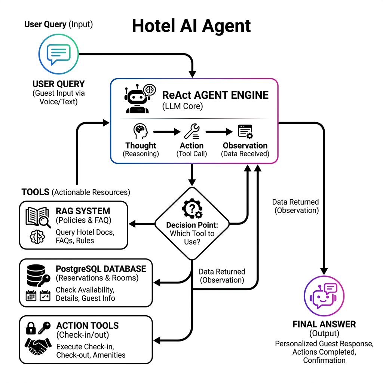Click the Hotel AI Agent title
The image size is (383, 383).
(x=191, y=26)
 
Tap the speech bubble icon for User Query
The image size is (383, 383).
(x=58, y=55)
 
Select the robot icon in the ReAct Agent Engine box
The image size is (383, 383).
(x=137, y=99)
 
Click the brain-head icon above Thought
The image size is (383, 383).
(x=141, y=132)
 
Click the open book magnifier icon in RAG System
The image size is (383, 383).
(x=38, y=217)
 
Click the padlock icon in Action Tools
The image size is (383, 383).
(x=31, y=328)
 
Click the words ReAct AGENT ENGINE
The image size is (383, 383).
(x=215, y=95)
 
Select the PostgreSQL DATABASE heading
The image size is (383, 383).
(x=101, y=269)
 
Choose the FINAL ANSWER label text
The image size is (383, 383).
(x=324, y=324)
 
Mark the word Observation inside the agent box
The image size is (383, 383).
(x=245, y=145)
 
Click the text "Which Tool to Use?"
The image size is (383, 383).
(x=191, y=238)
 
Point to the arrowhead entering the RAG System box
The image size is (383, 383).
(x=131, y=224)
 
